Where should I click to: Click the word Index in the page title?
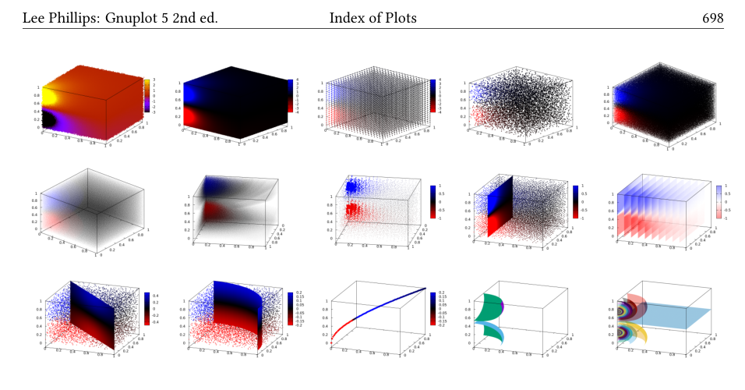348,17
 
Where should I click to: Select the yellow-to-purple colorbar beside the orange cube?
148,95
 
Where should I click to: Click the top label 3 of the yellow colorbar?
155,80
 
